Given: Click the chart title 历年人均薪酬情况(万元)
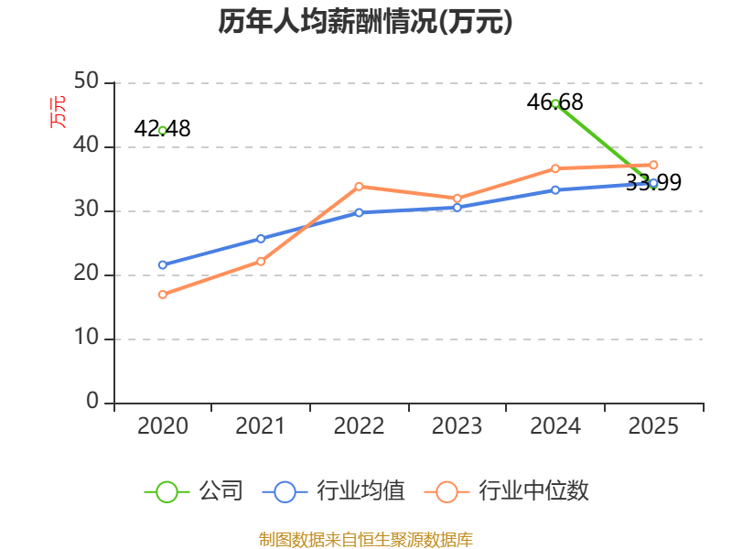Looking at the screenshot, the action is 365,21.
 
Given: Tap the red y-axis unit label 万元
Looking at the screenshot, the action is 58,112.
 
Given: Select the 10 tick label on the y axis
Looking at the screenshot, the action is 86,337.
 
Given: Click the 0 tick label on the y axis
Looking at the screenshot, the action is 92,401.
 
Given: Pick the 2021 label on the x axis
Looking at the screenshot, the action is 260,426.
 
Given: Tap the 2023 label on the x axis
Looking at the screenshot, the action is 457,426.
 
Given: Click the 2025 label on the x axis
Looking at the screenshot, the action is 653,426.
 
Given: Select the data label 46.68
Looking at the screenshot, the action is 555,102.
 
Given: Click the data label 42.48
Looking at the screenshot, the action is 162,129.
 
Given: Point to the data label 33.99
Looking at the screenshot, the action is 653,182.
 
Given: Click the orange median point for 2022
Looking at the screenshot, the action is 359,187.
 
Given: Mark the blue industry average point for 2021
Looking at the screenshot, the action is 261,239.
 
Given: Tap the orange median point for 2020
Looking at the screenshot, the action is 163,295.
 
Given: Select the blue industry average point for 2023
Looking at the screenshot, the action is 457,208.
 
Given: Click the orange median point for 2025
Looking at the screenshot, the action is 653,165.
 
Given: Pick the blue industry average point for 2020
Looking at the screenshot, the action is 163,264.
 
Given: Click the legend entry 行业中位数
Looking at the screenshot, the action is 507,491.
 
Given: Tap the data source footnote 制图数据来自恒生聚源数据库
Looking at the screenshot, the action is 365,540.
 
